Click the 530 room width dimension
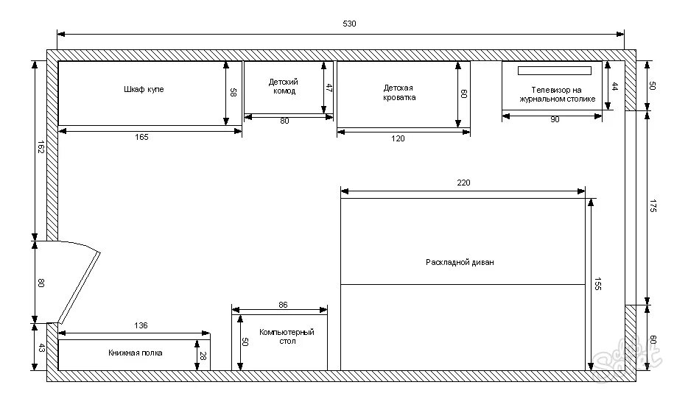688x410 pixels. pos(349,24)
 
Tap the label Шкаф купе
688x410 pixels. pos(144,90)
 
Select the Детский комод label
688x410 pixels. pos(283,86)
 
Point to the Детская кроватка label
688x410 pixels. pos(399,93)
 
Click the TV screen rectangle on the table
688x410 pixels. pos(555,71)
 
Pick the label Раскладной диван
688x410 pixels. pos(460,262)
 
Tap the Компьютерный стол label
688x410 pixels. pos(287,336)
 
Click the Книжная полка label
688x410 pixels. pos(135,353)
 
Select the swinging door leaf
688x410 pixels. pos(80,288)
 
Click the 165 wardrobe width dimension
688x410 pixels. pos(141,137)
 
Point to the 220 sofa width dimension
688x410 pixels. pos(463,183)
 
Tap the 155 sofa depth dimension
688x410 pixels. pos(597,283)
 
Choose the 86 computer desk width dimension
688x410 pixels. pos(283,305)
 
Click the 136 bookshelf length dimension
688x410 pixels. pos(141,325)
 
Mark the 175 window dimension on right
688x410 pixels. pos(653,206)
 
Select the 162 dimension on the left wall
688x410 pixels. pos(41,147)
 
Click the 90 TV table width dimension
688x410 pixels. pos(555,120)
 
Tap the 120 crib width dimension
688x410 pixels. pos(398,138)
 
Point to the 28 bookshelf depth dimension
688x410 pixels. pos(203,356)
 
